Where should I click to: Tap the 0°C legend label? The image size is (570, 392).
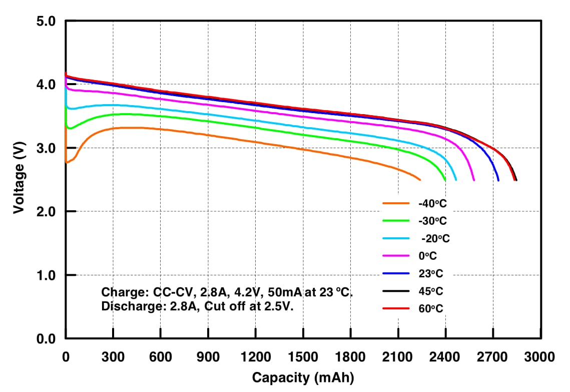click(427, 256)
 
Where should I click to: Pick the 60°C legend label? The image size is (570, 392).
click(430, 308)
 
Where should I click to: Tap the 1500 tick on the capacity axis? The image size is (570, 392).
click(303, 357)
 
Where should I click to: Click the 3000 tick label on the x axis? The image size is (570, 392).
click(540, 357)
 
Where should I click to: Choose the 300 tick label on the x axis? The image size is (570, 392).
click(113, 357)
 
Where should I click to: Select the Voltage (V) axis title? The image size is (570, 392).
click(19, 180)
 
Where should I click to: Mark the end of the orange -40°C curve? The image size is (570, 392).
click(420, 179)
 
